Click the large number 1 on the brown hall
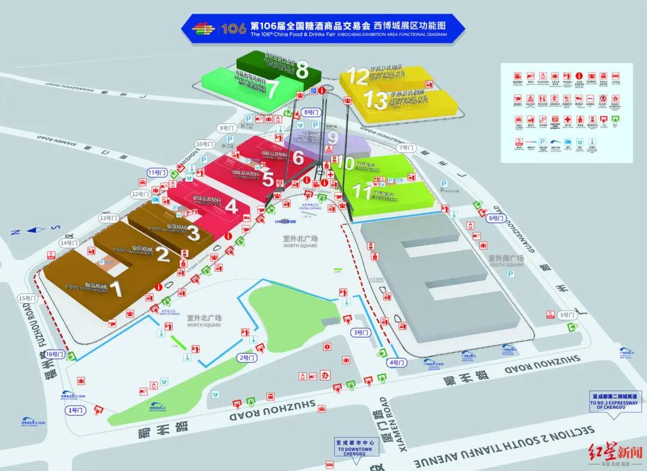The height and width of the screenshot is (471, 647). pyautogui.click(x=116, y=288)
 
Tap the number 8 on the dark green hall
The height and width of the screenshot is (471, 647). pyautogui.click(x=302, y=70)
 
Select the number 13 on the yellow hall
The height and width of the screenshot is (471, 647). pyautogui.click(x=376, y=100)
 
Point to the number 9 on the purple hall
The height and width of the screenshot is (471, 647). pyautogui.click(x=333, y=138)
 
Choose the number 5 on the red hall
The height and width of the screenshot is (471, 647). pyautogui.click(x=268, y=180)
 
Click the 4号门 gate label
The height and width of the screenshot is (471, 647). pyautogui.click(x=397, y=363)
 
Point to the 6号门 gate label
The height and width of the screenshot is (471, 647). pyautogui.click(x=497, y=218)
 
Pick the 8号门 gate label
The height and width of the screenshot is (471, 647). pyautogui.click(x=312, y=112)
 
